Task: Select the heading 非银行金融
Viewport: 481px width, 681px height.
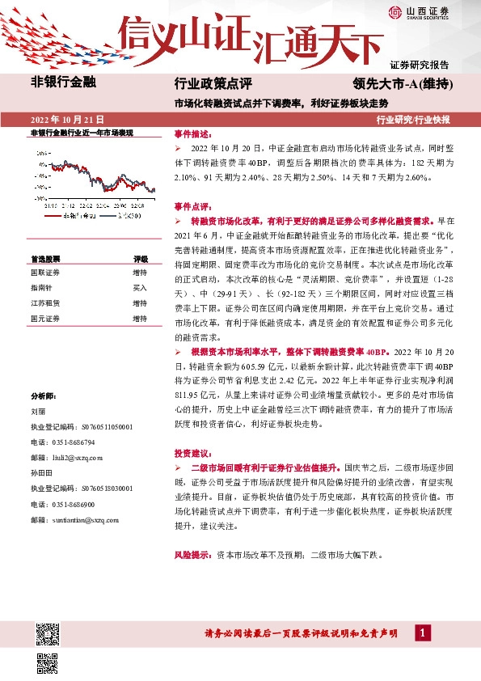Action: pyautogui.click(x=63, y=82)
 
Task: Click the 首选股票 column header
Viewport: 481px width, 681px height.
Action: pyautogui.click(x=45, y=259)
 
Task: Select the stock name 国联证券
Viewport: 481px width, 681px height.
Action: pyautogui.click(x=45, y=273)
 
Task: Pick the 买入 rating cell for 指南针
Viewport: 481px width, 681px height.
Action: pyautogui.click(x=140, y=288)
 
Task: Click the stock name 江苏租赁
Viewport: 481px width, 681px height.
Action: pyautogui.click(x=45, y=302)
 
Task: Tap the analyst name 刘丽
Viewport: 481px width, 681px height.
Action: pyautogui.click(x=38, y=410)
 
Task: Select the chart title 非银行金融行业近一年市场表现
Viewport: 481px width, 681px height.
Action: pyautogui.click(x=81, y=132)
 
